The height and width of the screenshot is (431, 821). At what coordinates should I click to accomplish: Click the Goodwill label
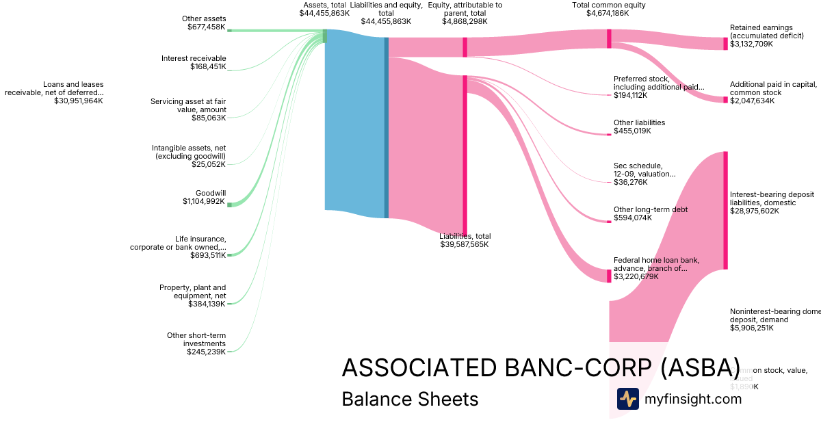[x=210, y=193]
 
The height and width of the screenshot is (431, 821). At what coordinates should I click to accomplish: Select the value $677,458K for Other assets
[x=206, y=27]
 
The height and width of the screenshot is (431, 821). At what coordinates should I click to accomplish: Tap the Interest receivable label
[x=194, y=58]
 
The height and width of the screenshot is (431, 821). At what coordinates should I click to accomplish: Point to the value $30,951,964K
[x=79, y=101]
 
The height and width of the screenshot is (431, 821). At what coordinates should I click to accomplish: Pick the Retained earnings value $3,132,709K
[x=751, y=44]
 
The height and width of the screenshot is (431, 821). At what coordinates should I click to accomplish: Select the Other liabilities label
[x=639, y=122]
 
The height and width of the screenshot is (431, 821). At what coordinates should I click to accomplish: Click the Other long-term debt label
[x=651, y=209]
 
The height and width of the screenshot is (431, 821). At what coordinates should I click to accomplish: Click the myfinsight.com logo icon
[x=627, y=399]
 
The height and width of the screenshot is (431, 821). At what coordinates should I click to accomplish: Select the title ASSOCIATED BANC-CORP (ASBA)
[x=540, y=367]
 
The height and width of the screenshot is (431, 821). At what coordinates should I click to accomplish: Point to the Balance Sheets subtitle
[x=410, y=399]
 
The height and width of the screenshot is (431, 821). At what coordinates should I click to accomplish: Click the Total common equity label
[x=608, y=5]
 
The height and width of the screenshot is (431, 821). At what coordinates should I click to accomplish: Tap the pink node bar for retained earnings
[x=725, y=44]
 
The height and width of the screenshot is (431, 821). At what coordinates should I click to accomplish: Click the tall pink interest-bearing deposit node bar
[x=725, y=210]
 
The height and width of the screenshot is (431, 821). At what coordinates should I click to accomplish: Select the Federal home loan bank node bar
[x=608, y=276]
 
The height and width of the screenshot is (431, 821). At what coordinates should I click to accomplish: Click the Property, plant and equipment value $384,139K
[x=207, y=304]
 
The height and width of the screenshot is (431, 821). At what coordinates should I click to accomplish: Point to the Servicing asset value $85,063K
[x=209, y=118]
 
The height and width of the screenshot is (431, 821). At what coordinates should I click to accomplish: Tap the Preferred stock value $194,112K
[x=630, y=95]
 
